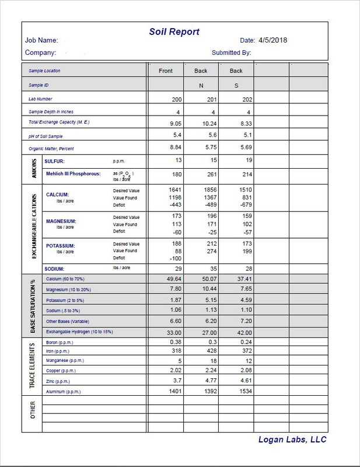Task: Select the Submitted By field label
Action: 231,53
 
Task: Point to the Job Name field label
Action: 41,40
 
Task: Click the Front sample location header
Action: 166,71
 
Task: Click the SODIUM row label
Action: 60,269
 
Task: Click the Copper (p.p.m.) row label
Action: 61,371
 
